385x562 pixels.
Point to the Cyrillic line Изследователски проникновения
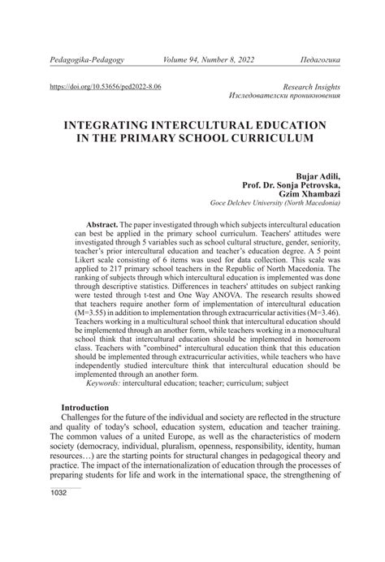click(x=284, y=95)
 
